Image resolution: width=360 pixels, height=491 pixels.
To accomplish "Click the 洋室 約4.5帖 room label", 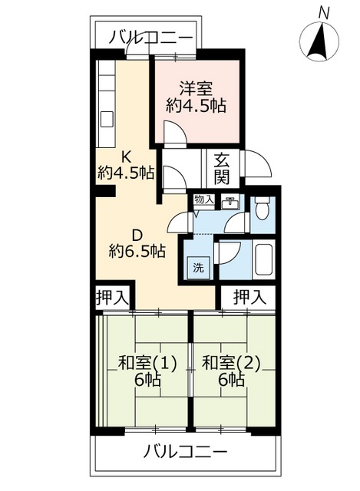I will [197, 96].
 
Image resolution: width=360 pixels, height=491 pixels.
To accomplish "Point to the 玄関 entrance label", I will [222, 169].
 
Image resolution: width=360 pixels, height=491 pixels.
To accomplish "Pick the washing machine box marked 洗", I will [198, 268].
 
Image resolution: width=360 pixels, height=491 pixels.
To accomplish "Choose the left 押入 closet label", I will [111, 296].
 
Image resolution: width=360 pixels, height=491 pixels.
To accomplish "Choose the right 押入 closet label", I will [249, 296].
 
